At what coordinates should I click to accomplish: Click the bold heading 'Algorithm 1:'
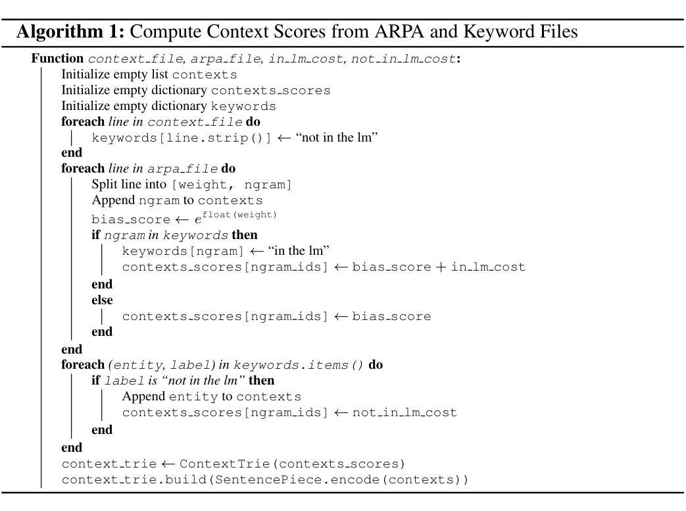[70, 32]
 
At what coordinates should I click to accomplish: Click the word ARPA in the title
[399, 31]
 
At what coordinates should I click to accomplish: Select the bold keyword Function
[57, 58]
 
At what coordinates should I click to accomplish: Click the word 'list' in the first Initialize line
[160, 74]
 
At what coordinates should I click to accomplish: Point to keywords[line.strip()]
[182, 138]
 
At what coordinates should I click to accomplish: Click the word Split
[105, 184]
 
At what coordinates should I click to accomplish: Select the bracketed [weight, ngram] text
[232, 185]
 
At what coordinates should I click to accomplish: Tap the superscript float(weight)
[239, 215]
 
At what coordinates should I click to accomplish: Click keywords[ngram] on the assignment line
[183, 252]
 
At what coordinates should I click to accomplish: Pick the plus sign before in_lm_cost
[441, 267]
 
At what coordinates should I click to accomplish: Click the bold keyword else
[102, 300]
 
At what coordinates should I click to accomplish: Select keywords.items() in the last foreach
[299, 365]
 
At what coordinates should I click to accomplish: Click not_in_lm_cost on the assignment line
[404, 412]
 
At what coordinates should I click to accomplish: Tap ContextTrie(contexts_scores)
[292, 464]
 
